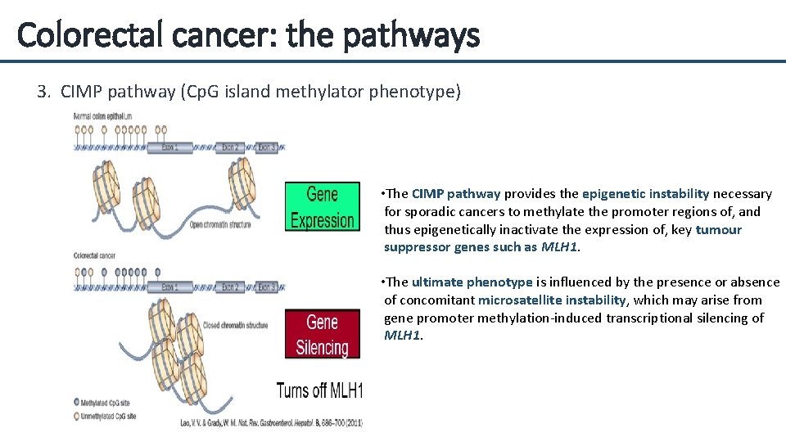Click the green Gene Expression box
click(x=322, y=207)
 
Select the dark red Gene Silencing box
click(x=322, y=334)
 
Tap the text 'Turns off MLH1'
click(x=319, y=390)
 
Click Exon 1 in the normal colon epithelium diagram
click(x=169, y=148)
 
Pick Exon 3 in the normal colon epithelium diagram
click(x=267, y=148)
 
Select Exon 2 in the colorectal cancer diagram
click(x=231, y=287)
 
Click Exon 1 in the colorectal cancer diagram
click(x=169, y=287)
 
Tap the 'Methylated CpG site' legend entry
click(x=106, y=403)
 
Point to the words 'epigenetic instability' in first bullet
click(x=645, y=194)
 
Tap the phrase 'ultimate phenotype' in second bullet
click(x=472, y=282)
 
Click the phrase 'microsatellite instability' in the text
click(x=552, y=300)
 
